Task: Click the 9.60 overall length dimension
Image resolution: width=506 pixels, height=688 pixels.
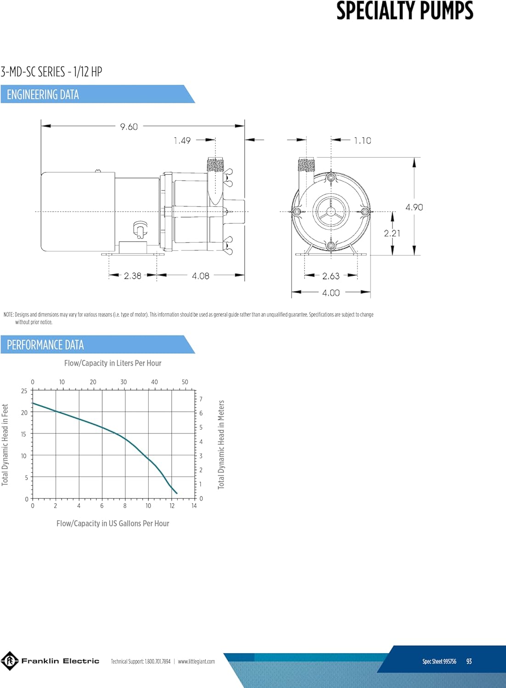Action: pyautogui.click(x=129, y=127)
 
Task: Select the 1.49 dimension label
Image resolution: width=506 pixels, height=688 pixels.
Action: pyautogui.click(x=182, y=141)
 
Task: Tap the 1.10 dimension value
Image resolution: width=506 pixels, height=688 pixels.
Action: pyautogui.click(x=362, y=141)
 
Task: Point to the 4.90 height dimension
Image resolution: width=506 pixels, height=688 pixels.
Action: pyautogui.click(x=414, y=207)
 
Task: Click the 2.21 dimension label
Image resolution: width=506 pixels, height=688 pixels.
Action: pyautogui.click(x=392, y=233)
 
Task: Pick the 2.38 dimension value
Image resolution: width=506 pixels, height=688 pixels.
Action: pyautogui.click(x=133, y=276)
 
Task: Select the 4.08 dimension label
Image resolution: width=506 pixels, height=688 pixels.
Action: pyautogui.click(x=201, y=276)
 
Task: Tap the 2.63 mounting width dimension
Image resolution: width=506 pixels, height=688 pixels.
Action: pyautogui.click(x=331, y=276)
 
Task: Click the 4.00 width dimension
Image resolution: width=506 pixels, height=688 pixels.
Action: pyautogui.click(x=331, y=293)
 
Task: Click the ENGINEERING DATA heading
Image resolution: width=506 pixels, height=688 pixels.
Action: pyautogui.click(x=43, y=94)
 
